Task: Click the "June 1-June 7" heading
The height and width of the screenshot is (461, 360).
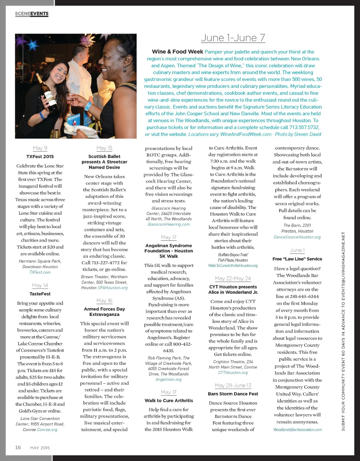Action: tap(233, 38)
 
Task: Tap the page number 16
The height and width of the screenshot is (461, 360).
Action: tap(18, 447)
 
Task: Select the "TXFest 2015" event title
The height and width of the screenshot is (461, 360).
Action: tap(40, 157)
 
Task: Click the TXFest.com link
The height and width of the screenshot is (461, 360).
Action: tap(40, 272)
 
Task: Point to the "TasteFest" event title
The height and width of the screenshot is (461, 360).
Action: tap(40, 294)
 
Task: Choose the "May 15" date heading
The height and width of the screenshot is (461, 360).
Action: tap(104, 148)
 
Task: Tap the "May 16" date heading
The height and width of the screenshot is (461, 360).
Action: tap(104, 301)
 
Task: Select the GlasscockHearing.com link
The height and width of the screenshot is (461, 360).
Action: tap(169, 225)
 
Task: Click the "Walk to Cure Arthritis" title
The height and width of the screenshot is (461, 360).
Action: tap(169, 401)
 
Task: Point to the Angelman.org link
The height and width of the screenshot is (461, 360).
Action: tap(169, 379)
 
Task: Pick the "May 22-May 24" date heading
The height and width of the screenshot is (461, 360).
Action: tap(233, 279)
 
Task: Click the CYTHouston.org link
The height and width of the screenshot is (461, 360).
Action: tap(233, 372)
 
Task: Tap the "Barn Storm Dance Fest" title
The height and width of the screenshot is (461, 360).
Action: tap(233, 394)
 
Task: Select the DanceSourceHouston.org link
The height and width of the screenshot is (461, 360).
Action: tap(297, 237)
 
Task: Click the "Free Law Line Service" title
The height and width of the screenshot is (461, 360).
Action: tap(297, 259)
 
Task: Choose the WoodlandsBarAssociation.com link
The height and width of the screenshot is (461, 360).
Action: tap(297, 430)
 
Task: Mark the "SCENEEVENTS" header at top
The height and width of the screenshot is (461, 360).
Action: tap(32, 14)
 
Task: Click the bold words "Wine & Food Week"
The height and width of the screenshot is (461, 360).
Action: tap(178, 52)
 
